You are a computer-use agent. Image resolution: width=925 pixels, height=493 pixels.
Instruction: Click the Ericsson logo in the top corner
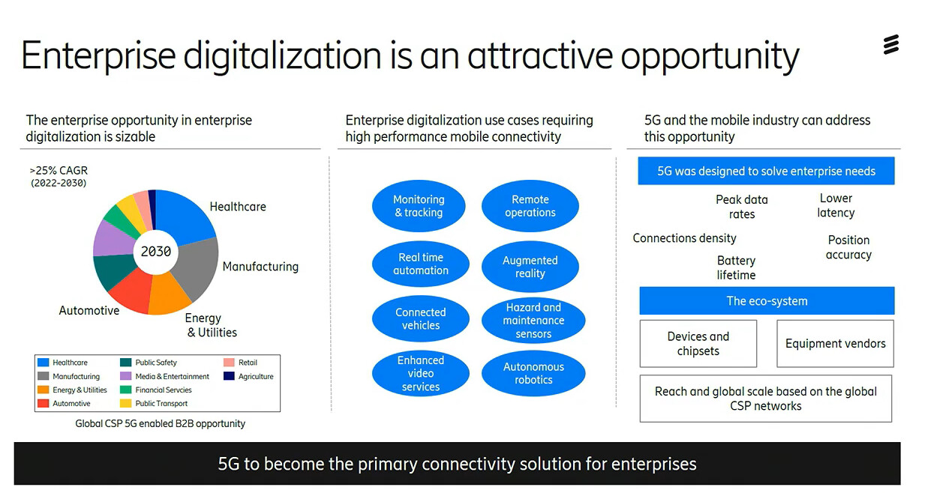[890, 44]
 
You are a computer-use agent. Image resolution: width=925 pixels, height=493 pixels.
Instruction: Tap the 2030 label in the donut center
[156, 251]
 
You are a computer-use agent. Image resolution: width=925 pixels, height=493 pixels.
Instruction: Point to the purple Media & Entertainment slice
[113, 239]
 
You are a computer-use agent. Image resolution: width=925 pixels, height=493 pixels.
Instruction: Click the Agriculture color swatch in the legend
[229, 376]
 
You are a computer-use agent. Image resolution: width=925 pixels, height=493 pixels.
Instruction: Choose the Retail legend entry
[240, 362]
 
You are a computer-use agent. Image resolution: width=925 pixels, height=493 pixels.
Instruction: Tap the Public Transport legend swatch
[125, 403]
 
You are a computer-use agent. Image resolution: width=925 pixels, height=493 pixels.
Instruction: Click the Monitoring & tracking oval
[419, 205]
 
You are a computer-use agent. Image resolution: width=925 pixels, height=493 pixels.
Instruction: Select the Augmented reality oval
[530, 267]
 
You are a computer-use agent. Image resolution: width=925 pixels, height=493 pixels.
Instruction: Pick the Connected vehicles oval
[420, 318]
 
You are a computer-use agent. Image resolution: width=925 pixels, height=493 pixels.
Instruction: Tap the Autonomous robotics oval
[533, 373]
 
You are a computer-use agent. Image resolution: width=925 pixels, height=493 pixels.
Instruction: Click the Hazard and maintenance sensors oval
[533, 320]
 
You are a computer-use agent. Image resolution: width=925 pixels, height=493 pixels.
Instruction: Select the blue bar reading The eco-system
[767, 300]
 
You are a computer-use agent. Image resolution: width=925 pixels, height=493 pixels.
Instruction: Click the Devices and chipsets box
[698, 343]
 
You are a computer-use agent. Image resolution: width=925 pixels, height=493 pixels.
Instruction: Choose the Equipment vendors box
[836, 343]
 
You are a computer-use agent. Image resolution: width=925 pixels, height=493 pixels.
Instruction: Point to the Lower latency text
[836, 205]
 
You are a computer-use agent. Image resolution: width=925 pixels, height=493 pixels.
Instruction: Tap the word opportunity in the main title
[710, 55]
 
